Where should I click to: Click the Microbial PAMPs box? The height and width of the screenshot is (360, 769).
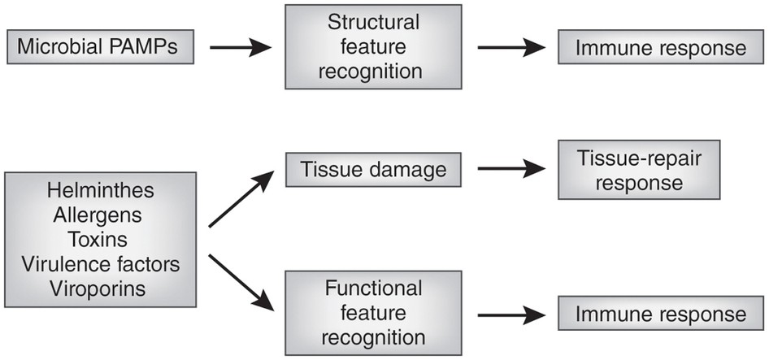click(x=101, y=47)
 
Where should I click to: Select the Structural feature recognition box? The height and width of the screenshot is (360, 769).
click(x=373, y=47)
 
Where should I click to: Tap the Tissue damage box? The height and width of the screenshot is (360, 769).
click(x=373, y=170)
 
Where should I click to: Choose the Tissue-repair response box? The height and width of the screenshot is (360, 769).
click(x=639, y=170)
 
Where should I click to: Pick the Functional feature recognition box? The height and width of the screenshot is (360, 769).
click(x=373, y=313)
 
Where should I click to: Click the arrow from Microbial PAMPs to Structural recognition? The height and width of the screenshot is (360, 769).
click(x=241, y=48)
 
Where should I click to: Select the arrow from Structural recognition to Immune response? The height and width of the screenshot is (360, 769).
click(x=511, y=48)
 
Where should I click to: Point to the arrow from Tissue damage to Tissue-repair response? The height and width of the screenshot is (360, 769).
click(x=511, y=169)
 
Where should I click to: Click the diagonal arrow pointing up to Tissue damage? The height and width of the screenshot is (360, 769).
click(x=241, y=199)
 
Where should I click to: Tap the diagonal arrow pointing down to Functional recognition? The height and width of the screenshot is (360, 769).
click(x=241, y=283)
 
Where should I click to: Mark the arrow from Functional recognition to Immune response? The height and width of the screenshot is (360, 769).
click(x=511, y=315)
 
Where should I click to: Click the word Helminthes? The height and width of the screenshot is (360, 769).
click(x=101, y=191)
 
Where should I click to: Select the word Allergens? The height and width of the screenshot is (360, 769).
click(x=98, y=215)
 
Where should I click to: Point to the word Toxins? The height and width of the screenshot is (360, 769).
click(x=98, y=240)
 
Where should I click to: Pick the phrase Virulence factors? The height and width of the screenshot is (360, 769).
click(x=101, y=264)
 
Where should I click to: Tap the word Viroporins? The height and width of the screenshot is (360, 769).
click(x=98, y=288)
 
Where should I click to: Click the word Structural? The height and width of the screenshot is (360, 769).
click(x=374, y=23)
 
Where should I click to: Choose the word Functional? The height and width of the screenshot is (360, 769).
click(x=374, y=288)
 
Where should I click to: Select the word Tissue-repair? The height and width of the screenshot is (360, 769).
click(x=640, y=159)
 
